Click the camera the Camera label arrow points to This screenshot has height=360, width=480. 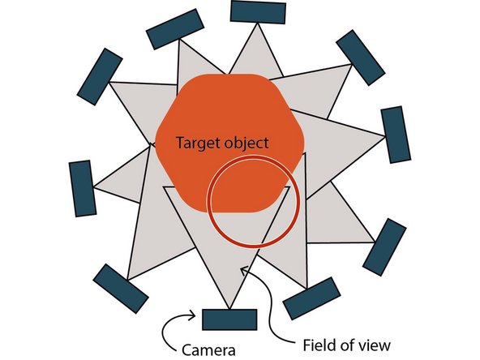click(x=229, y=319)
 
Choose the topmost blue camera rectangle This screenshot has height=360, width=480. click(x=258, y=12)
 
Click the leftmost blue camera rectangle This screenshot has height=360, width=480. click(x=82, y=188)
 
